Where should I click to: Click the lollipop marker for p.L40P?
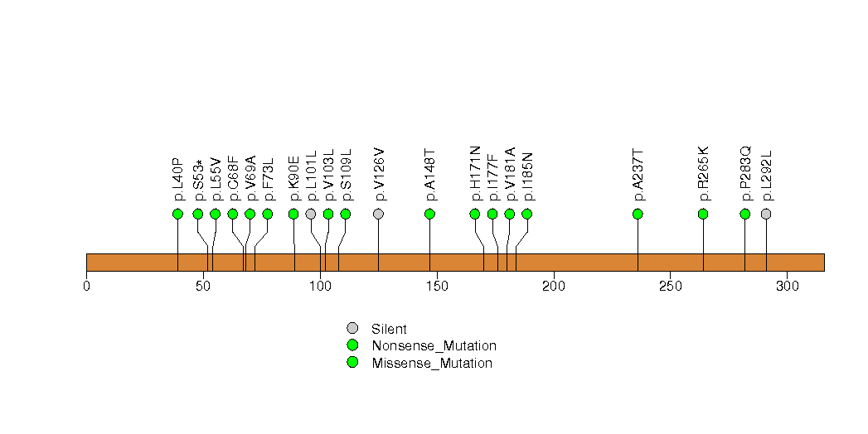[177, 214]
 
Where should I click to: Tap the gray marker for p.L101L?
[311, 214]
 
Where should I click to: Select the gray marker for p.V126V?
[379, 214]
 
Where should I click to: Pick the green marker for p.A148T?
[429, 214]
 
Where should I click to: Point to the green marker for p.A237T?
[638, 214]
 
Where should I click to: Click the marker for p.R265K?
[703, 214]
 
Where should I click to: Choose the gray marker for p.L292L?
[766, 214]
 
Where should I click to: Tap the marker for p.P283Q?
[744, 214]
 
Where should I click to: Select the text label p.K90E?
[293, 178]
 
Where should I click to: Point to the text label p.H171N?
[475, 173]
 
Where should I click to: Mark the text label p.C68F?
[233, 178]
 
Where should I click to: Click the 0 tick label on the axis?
[86, 287]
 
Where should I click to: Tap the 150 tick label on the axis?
[437, 287]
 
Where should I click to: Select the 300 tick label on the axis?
[787, 287]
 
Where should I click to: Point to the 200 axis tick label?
[554, 287]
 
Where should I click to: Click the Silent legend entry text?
[389, 330]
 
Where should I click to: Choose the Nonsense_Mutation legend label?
[434, 346]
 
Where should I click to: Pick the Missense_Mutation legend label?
[432, 363]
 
